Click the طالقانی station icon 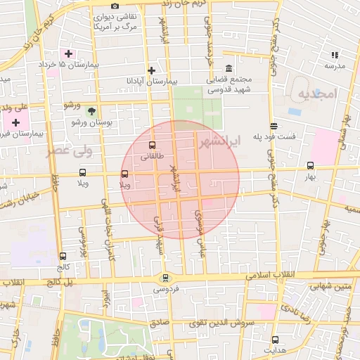pos(152,146)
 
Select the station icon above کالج pos(63,257)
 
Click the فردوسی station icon pos(165,277)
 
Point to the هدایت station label pos(275,349)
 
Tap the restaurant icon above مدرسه pos(335,54)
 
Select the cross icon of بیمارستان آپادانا pos(152,70)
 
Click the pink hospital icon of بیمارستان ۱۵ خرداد pos(68,53)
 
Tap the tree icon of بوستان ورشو pos(91,110)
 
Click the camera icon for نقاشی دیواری pos(115,6)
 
